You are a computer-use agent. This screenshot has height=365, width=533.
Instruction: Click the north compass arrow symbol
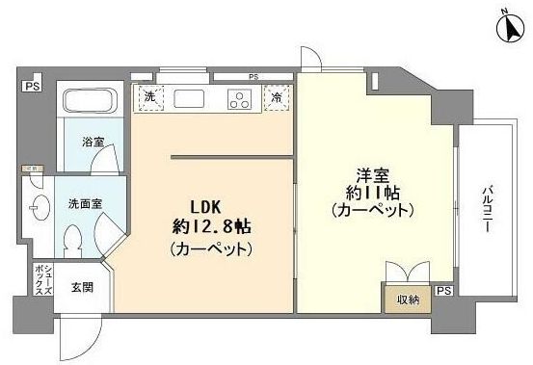(x=509, y=27)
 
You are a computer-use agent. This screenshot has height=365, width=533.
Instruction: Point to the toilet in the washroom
(x=73, y=236)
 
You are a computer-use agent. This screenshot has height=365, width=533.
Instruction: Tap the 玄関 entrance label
(x=81, y=286)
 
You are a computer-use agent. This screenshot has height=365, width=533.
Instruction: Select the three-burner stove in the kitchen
(x=239, y=98)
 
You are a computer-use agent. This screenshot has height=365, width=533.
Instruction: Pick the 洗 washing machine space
(x=149, y=97)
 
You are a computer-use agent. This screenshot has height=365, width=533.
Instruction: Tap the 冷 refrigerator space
(x=277, y=97)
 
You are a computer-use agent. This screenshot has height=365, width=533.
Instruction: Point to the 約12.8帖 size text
(x=211, y=228)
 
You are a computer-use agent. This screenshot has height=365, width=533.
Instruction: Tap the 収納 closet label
(x=406, y=300)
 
